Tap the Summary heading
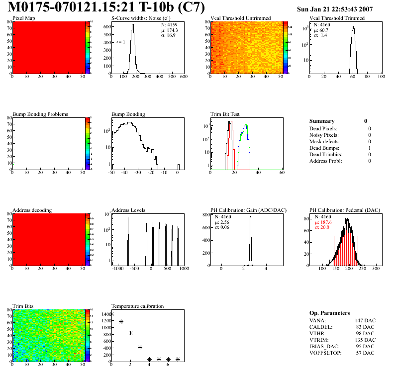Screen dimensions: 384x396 coord(322,121)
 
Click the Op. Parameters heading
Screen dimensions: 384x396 coord(329,313)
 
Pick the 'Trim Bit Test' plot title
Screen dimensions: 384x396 coord(225,114)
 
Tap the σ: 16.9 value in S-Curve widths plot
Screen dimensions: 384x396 coord(170,36)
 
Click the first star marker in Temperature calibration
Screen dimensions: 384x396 coord(112,314)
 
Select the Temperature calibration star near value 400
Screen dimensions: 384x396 coord(140,347)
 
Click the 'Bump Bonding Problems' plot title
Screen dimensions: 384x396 coord(40,114)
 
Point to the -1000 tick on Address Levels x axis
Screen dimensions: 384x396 coord(118,269)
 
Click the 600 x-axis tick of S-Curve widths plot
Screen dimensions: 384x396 coord(183,77)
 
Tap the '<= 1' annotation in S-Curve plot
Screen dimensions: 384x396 coord(120,42)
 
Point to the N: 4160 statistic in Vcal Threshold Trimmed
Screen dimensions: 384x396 coord(321,24)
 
